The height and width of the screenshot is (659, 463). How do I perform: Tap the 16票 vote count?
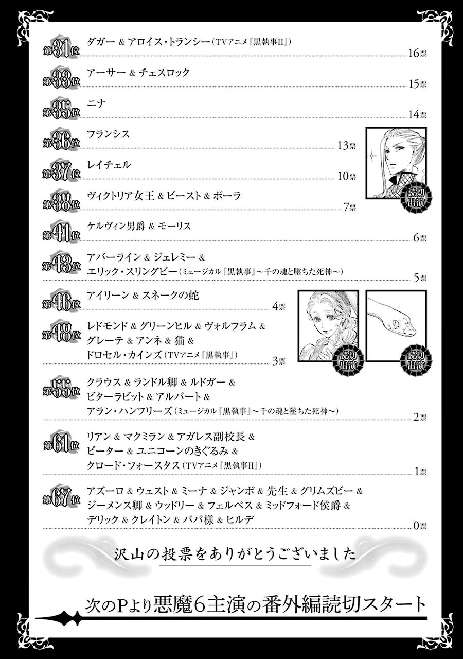click(x=417, y=53)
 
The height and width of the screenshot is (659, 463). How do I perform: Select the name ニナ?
click(x=96, y=103)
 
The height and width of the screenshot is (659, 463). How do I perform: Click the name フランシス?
click(x=109, y=134)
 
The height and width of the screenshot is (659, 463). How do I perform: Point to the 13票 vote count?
click(x=347, y=145)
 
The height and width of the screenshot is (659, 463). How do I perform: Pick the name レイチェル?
click(x=109, y=165)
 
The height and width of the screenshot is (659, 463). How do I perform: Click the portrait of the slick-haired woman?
click(x=396, y=163)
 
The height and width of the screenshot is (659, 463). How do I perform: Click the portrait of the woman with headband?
click(x=328, y=326)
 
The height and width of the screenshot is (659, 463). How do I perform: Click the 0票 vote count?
click(x=420, y=526)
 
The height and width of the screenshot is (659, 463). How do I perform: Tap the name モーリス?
click(x=174, y=226)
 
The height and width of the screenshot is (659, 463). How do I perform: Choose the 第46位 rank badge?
click(x=61, y=300)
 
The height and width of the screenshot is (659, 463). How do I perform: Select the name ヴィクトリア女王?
click(x=120, y=196)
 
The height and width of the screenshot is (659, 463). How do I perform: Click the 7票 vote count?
click(x=349, y=207)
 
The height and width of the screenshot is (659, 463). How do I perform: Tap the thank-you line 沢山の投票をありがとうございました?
click(x=235, y=554)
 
